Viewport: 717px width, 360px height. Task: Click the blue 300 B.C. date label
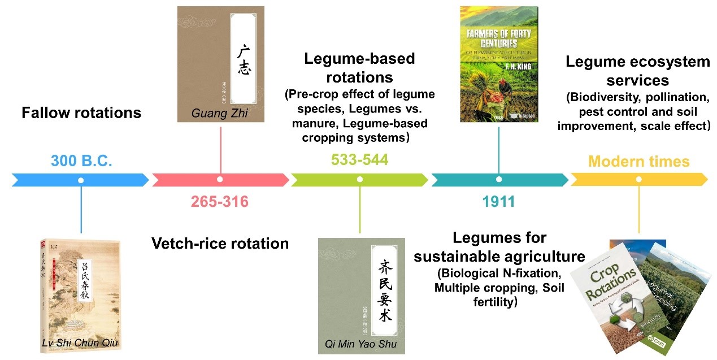click(81, 161)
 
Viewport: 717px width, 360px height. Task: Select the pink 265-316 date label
click(219, 201)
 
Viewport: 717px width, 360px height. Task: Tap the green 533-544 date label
click(359, 160)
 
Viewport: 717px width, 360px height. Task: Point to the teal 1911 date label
click(498, 201)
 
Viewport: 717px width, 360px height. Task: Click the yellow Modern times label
click(638, 162)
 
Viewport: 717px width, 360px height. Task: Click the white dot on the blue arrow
click(81, 180)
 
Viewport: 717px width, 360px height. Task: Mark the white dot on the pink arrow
click(220, 180)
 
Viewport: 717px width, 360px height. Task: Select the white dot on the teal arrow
click(498, 180)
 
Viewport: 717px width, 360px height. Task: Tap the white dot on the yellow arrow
click(639, 180)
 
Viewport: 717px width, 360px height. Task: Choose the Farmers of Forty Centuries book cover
click(498, 64)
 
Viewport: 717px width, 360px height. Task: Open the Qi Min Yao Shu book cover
click(361, 295)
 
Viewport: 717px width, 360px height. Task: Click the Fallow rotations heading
click(81, 113)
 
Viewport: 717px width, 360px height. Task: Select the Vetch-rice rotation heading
click(220, 244)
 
